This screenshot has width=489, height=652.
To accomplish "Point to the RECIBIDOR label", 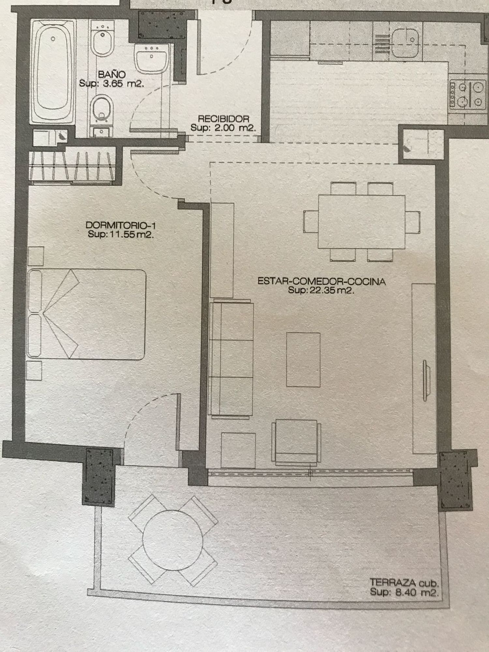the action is click(x=224, y=119).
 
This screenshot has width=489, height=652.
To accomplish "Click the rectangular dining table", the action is click(x=362, y=222).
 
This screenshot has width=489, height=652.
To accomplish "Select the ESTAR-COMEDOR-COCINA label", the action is click(x=321, y=281).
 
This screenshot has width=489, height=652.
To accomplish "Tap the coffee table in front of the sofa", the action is click(x=303, y=359).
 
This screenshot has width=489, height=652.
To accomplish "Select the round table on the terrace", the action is click(x=173, y=540).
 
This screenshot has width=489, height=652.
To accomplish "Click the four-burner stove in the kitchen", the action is click(x=466, y=95).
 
